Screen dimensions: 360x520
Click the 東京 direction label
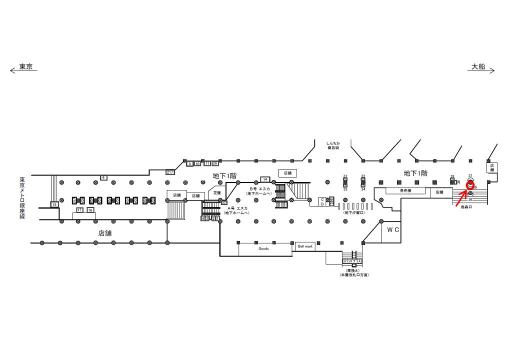25,66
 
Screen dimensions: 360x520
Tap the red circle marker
470,185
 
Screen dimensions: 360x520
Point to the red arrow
461,197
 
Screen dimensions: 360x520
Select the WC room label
392,230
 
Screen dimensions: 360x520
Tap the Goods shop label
264,248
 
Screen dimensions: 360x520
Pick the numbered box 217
170,172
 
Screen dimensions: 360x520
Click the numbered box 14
264,179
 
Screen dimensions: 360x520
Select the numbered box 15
54,204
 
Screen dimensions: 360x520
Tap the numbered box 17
79,210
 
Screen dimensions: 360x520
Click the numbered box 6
103,177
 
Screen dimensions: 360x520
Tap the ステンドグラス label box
352,261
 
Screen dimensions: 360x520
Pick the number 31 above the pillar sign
345,176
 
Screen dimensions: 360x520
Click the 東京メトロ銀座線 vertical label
22,198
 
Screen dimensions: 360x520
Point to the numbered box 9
189,163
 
